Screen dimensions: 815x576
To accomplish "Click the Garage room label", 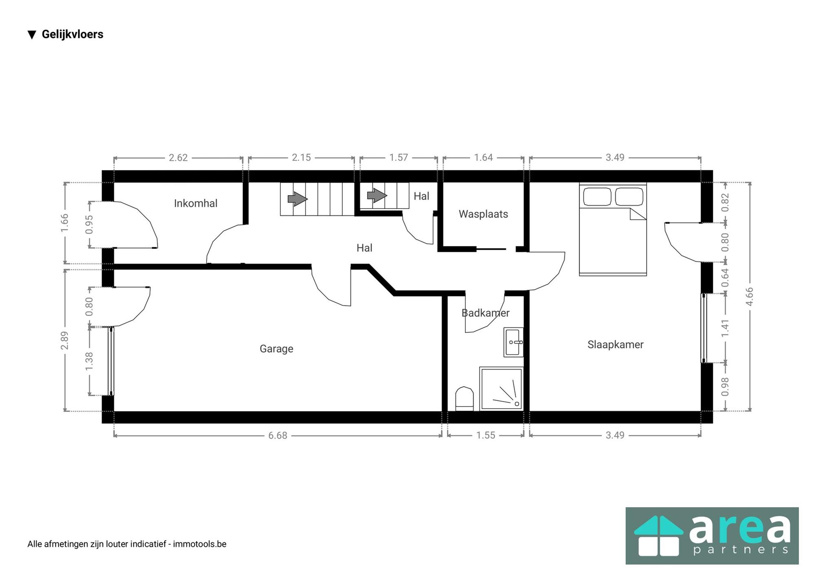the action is point(276,349).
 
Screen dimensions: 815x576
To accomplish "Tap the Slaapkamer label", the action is point(615,345).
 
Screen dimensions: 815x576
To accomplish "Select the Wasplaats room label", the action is point(483,214).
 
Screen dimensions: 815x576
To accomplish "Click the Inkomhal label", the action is point(196,203).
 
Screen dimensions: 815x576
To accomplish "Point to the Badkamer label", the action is point(485,313).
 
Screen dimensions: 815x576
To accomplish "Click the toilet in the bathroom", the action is point(464,398).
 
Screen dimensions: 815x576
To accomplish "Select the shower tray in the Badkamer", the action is point(501,389).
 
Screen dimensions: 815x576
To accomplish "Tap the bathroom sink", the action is point(513,342).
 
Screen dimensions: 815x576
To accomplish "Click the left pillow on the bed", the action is point(597,197).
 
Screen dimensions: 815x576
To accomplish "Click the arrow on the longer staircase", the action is point(297,199).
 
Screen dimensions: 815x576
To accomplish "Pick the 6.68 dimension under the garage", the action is point(278,435).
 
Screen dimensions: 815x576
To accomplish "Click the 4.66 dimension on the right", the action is point(749,296).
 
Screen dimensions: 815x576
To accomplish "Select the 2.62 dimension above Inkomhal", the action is point(178,158).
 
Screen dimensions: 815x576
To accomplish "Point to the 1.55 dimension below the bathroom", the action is point(486,435).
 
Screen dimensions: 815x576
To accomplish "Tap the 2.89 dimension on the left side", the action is point(64,341).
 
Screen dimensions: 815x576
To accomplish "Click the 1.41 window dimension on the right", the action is point(725,328).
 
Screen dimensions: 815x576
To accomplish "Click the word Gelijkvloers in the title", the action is point(73,34).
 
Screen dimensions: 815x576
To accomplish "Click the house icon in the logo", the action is point(659,535).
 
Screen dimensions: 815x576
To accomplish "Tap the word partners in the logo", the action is point(741,550).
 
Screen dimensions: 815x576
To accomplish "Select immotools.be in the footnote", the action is point(200,544).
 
